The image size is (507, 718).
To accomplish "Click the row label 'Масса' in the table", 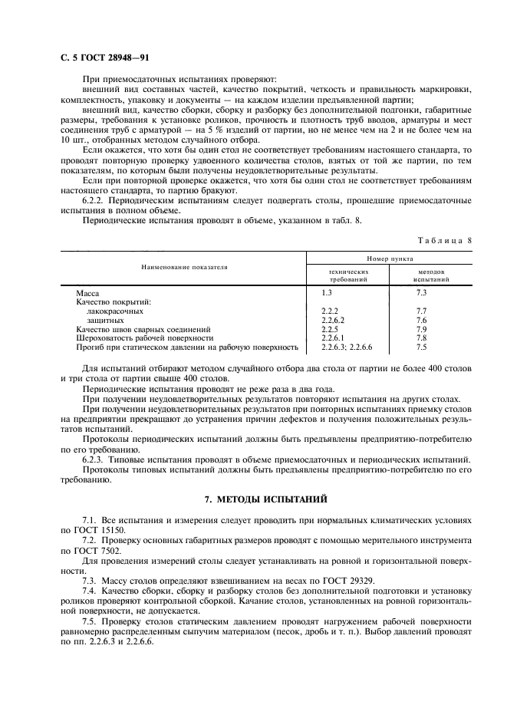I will click(87, 293).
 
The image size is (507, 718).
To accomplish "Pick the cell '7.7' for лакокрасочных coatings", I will click(420, 311).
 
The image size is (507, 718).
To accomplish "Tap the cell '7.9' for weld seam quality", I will click(420, 328).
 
